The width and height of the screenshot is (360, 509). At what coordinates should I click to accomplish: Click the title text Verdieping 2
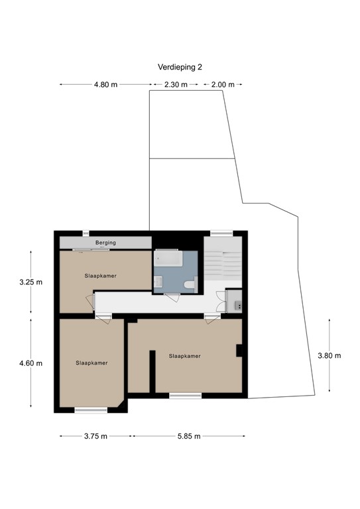tap(180, 67)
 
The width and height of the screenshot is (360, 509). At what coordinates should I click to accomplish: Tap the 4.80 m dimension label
tap(106, 85)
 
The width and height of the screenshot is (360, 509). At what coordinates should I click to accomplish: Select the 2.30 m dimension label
tap(175, 85)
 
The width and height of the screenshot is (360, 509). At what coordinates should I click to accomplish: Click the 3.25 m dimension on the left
tap(30, 282)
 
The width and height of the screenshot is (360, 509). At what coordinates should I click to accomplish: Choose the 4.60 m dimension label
tap(30, 363)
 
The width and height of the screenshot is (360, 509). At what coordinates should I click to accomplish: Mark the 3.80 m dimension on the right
tap(330, 355)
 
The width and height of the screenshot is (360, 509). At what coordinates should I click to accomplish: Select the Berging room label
tap(105, 243)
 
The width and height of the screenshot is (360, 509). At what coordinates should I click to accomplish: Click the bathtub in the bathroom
tap(169, 259)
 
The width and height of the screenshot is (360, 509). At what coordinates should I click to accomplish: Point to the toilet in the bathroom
tap(189, 284)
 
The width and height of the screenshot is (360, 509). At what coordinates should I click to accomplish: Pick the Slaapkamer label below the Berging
tap(101, 276)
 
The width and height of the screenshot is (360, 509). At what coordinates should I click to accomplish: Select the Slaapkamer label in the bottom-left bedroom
tap(91, 363)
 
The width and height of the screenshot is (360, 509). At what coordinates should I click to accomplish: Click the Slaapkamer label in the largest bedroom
tap(185, 356)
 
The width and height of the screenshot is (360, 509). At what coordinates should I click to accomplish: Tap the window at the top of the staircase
tap(221, 233)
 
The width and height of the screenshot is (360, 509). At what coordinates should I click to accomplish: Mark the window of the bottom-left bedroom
tap(91, 410)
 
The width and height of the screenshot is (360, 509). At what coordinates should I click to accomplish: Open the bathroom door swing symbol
tap(172, 298)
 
